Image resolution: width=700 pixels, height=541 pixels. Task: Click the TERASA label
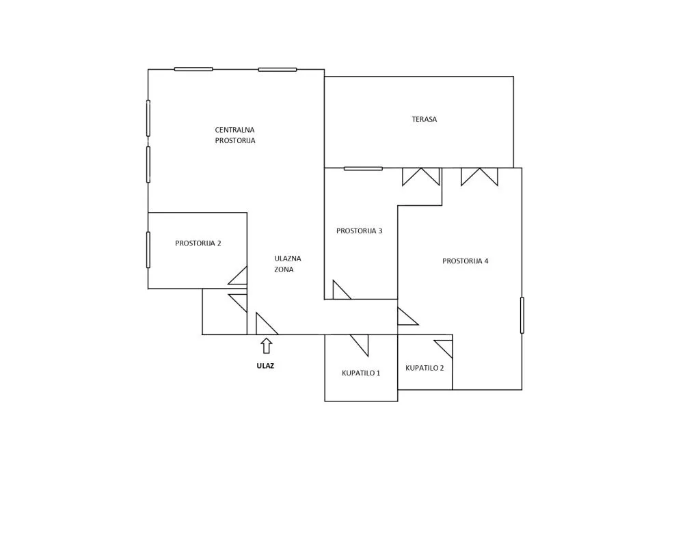(424, 119)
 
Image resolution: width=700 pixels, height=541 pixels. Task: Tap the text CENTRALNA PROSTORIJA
(235, 135)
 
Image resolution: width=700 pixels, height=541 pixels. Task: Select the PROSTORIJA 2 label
(198, 243)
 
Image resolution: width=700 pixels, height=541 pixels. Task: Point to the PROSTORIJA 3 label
(359, 231)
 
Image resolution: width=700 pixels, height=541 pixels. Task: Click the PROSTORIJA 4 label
(465, 261)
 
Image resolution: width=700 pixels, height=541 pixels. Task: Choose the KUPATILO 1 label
(361, 373)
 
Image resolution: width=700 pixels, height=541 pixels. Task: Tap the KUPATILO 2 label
(425, 368)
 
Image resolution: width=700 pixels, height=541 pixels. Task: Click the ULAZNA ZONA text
(288, 264)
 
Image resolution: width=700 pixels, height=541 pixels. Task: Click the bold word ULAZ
(265, 366)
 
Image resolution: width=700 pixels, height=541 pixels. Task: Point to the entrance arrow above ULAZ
(267, 346)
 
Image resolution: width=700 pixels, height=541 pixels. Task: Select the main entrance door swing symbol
(267, 324)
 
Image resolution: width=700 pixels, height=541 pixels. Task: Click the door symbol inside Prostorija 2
(238, 276)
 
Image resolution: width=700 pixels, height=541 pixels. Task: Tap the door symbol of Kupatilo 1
(360, 345)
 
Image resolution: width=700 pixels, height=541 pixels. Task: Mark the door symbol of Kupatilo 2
(444, 349)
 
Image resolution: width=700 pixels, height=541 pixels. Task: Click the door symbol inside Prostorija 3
(342, 290)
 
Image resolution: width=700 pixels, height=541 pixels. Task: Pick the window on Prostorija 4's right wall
(522, 315)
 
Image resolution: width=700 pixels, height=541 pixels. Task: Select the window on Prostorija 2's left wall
(148, 250)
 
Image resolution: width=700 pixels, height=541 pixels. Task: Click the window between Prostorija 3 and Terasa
(363, 168)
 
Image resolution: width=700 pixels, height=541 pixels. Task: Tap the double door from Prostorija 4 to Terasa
(479, 176)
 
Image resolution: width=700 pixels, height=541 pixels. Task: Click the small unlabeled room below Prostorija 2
(224, 311)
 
